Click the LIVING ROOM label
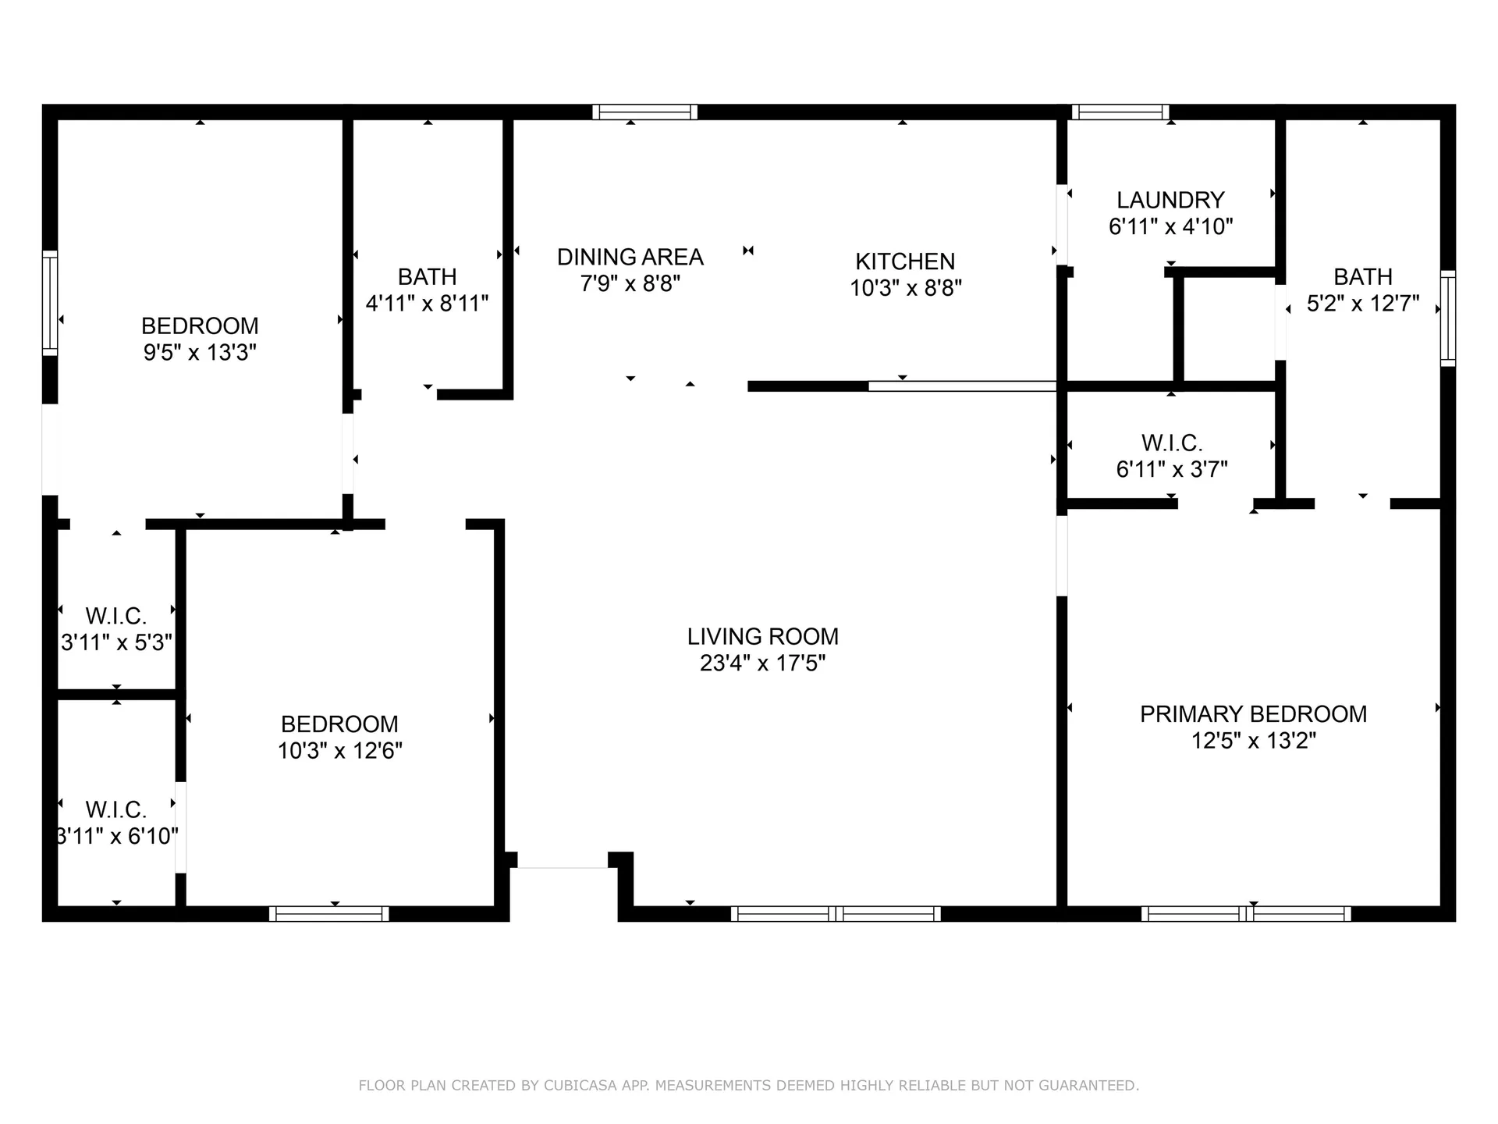click(x=762, y=636)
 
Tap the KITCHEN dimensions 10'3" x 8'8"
click(x=905, y=288)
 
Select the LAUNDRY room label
click(x=1170, y=200)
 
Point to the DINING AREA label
click(x=630, y=257)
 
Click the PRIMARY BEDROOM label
click(x=1253, y=713)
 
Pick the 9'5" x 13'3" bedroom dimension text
click(x=200, y=352)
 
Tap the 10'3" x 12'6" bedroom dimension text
click(x=339, y=750)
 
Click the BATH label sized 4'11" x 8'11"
click(x=427, y=276)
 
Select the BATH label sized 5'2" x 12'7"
click(x=1362, y=276)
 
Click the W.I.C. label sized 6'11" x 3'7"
click(x=1171, y=443)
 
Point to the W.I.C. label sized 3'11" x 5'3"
click(x=115, y=616)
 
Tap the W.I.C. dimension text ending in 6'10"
click(x=117, y=836)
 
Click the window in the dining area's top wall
click(x=644, y=112)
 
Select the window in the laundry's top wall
click(x=1120, y=112)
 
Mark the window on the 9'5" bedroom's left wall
click(x=49, y=303)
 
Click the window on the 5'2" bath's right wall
click(x=1447, y=318)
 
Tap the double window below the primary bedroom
click(x=1246, y=913)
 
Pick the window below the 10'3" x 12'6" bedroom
click(x=329, y=913)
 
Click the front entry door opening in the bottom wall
click(x=563, y=866)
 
